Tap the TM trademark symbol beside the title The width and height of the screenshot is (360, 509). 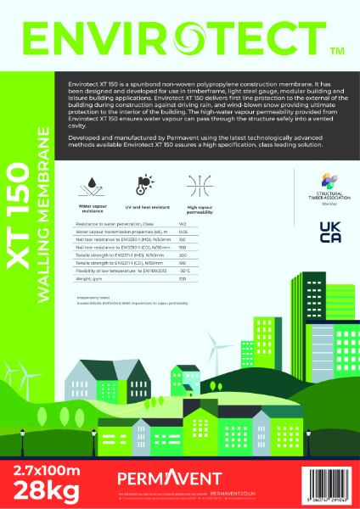pos(335,52)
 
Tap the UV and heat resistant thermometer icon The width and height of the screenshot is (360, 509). pos(145,182)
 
